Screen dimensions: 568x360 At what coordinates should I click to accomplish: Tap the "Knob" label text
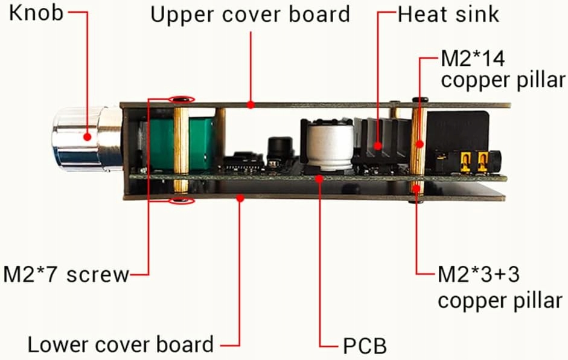click(x=36, y=13)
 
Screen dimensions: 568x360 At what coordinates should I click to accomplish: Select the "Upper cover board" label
click(x=250, y=14)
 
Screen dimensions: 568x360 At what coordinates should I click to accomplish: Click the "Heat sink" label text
click(x=448, y=13)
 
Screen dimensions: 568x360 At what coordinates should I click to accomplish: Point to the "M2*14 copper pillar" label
click(x=502, y=69)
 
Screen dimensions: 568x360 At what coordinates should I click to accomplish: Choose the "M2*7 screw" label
click(x=66, y=275)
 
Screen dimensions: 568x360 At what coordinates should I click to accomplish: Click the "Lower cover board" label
click(x=121, y=344)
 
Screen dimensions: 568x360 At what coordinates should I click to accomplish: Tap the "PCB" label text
click(x=365, y=346)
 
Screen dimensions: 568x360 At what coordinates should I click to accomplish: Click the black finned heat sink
click(x=378, y=142)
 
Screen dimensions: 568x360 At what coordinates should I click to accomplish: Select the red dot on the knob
click(x=88, y=137)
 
